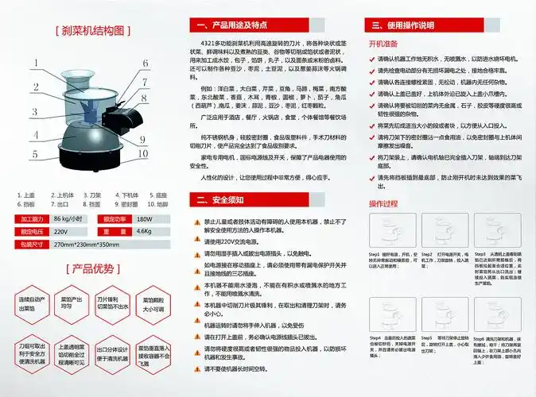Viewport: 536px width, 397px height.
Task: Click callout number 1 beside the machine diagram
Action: [x=36, y=63]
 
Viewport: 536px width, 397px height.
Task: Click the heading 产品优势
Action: [x=93, y=269]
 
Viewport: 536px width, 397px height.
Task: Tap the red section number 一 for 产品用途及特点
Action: [x=196, y=25]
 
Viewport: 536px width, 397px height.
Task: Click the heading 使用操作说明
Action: [x=410, y=25]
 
